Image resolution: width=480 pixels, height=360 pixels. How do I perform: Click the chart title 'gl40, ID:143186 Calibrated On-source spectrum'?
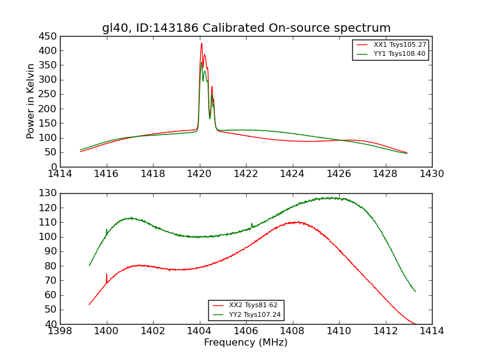pos(246,28)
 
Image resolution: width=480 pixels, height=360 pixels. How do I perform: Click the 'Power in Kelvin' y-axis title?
pos(31,101)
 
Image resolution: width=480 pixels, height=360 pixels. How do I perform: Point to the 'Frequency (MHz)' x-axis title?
pos(246,343)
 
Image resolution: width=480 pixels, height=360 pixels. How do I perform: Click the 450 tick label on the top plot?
pos(49,37)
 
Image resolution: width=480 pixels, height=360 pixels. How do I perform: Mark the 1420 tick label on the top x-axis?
pos(199,174)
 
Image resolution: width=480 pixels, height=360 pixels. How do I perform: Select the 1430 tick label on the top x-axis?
pos(431,174)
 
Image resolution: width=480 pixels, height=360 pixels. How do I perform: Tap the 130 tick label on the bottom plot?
pos(49,193)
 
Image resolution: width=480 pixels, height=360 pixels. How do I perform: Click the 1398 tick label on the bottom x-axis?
pos(60,331)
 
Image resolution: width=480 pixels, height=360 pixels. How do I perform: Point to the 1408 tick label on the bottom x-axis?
pos(292,331)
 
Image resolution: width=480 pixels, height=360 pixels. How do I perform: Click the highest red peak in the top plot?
pos(202,44)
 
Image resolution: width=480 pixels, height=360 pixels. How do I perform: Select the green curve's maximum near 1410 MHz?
pos(329,197)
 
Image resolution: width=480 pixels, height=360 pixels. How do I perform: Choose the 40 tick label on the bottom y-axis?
pos(51,324)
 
